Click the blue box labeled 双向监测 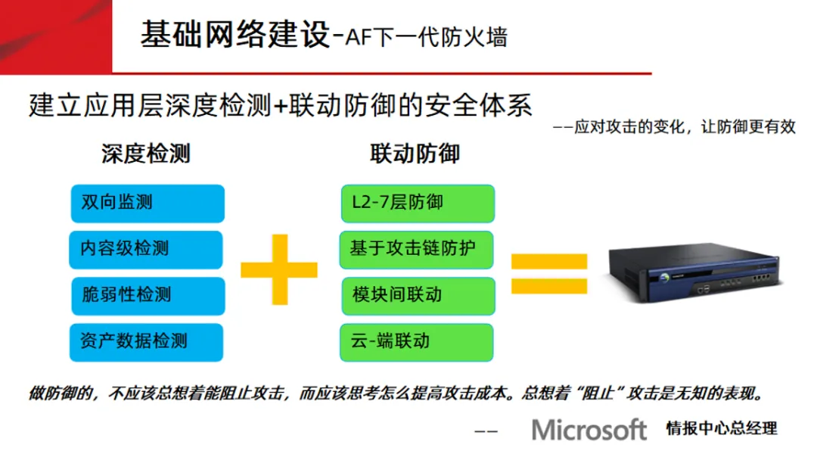click(x=148, y=203)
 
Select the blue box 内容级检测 click(x=148, y=249)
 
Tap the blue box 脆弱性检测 click(x=148, y=295)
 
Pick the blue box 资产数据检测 click(x=148, y=341)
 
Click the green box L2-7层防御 click(x=418, y=203)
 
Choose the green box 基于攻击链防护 click(x=418, y=249)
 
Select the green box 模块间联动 click(x=418, y=295)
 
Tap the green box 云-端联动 click(x=418, y=341)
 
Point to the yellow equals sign click(x=549, y=274)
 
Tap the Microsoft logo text click(x=589, y=430)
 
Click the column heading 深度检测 click(x=146, y=154)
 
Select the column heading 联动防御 click(x=415, y=154)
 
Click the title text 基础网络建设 click(x=235, y=36)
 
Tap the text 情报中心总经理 click(x=721, y=428)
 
